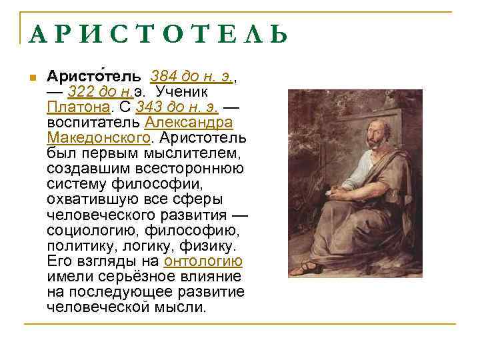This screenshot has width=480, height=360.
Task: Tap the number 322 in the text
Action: click(83, 91)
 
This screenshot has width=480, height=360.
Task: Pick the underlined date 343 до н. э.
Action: click(177, 107)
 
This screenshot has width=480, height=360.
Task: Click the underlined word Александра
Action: click(189, 123)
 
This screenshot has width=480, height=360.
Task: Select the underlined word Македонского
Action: click(99, 138)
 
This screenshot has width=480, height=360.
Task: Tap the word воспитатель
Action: click(93, 123)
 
